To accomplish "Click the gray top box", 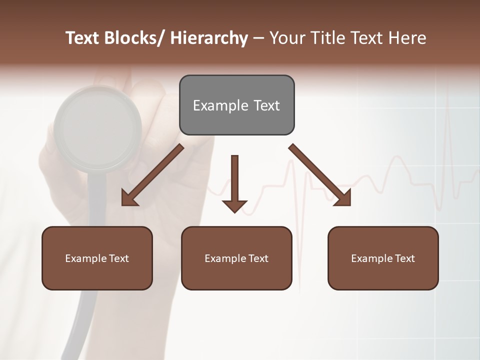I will (x=236, y=105).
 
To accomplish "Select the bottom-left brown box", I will (x=97, y=258).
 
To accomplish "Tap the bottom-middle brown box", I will (x=236, y=258).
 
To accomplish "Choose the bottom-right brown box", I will (x=383, y=258).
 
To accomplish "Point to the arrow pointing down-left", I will (x=152, y=175).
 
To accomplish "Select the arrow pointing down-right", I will (x=320, y=175).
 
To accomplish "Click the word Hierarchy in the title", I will (x=208, y=38).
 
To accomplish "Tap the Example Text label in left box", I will (x=97, y=258).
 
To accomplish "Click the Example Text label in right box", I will (x=383, y=258).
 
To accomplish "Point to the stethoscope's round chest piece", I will (x=97, y=128).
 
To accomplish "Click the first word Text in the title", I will (x=82, y=38).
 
